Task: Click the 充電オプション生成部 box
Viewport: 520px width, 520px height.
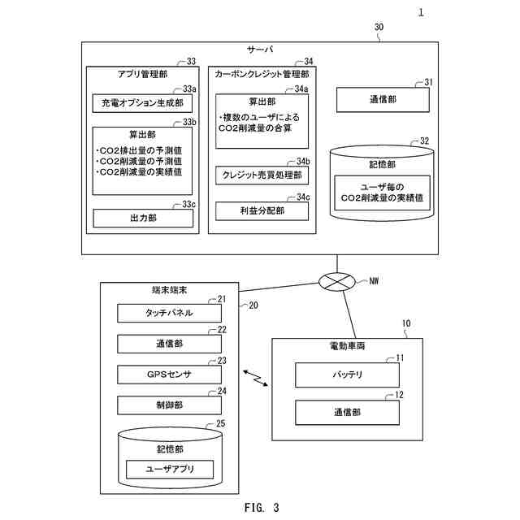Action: coord(142,103)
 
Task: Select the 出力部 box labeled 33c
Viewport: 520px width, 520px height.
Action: coord(143,218)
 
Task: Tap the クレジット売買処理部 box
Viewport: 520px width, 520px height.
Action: coord(262,175)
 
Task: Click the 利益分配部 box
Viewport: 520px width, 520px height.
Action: coord(262,211)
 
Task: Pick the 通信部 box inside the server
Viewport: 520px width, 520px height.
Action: coord(383,99)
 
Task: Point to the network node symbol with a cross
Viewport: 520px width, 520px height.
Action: coord(336,282)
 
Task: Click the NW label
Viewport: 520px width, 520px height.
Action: coord(374,281)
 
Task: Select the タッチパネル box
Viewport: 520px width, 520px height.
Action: coord(169,313)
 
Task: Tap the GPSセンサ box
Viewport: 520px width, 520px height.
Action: coord(169,375)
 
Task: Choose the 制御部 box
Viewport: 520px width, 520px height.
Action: coord(169,405)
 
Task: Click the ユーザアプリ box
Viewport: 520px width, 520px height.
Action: coord(170,469)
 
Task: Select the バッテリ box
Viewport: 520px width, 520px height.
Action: coord(347,375)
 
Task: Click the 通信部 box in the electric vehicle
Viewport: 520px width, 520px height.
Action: coord(347,412)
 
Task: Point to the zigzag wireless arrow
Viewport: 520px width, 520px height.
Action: coord(256,379)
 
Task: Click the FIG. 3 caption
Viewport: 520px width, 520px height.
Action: coord(262,507)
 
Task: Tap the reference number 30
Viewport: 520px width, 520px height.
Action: coord(379,27)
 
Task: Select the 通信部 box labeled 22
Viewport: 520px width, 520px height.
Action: coord(169,344)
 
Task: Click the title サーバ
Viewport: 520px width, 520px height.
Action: coord(260,50)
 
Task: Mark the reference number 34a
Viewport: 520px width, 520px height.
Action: coord(301,89)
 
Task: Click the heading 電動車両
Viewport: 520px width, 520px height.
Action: coord(347,346)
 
